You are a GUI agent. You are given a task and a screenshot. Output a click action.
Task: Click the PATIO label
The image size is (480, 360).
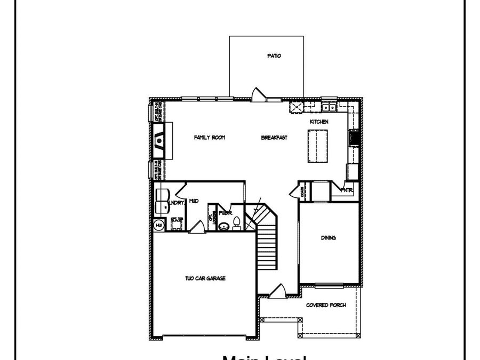[274, 55]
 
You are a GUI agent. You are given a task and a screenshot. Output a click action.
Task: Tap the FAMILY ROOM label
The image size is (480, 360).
[209, 138]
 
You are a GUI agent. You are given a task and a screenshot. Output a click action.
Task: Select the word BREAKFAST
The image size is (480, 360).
[274, 138]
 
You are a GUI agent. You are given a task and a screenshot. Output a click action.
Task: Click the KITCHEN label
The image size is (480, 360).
[319, 122]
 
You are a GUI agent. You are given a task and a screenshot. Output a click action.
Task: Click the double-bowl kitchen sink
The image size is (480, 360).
[329, 107]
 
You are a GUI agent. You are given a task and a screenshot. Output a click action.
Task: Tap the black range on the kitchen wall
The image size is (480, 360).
[353, 138]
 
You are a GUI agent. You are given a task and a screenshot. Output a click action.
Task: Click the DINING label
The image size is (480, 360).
[328, 238]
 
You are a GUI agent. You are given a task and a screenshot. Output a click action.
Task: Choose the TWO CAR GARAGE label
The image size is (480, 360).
[205, 278]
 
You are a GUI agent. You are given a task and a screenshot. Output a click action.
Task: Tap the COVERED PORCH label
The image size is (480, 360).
[326, 305]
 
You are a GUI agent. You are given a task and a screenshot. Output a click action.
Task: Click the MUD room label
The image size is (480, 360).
[194, 201]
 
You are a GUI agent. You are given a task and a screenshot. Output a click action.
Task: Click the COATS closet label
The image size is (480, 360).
[302, 190]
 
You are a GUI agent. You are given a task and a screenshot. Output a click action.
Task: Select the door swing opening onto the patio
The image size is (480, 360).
[258, 94]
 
